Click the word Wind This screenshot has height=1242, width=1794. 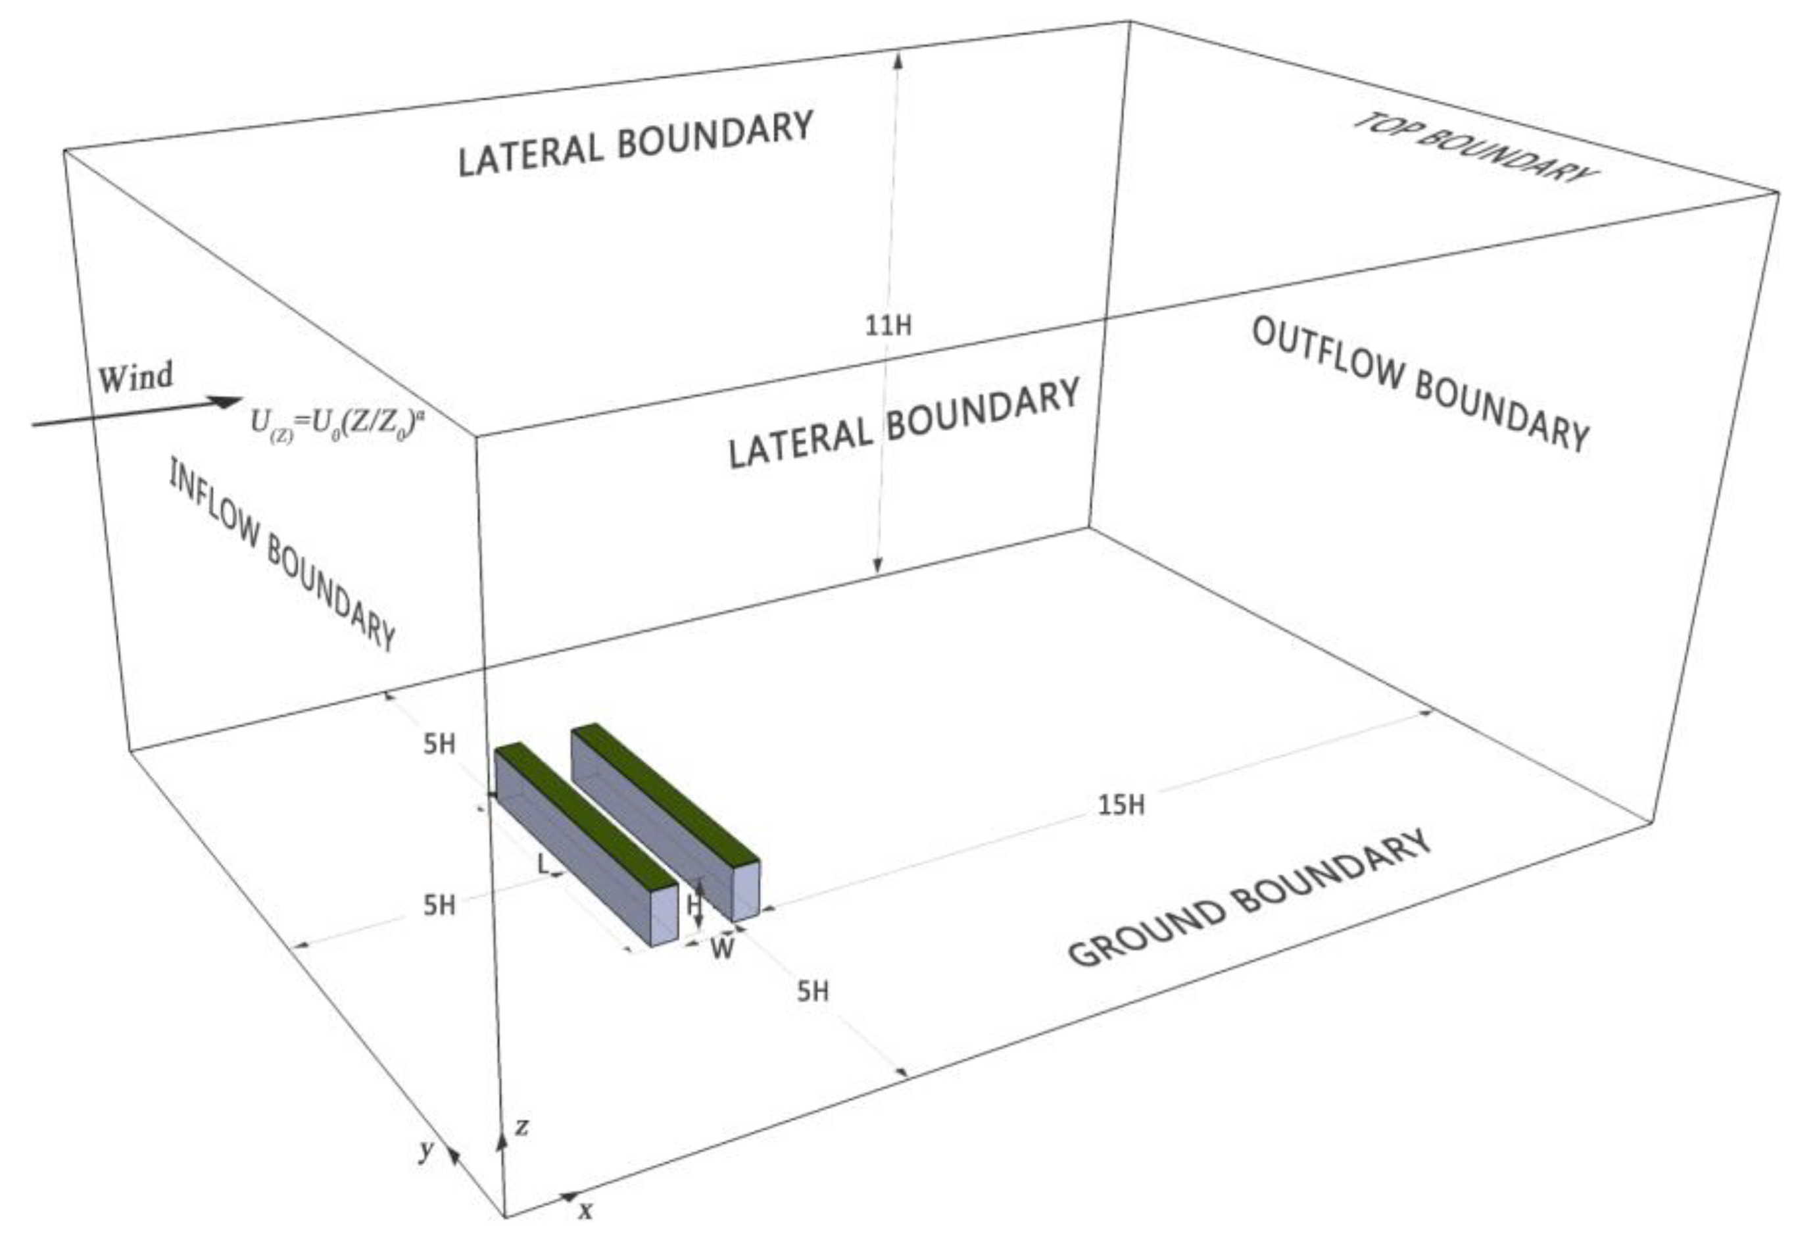pyautogui.click(x=135, y=378)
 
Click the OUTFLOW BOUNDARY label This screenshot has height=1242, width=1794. pyautogui.click(x=1419, y=385)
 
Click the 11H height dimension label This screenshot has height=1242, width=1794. pyautogui.click(x=888, y=325)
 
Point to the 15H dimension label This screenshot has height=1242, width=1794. pyautogui.click(x=1121, y=805)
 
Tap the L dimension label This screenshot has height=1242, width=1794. pyautogui.click(x=544, y=863)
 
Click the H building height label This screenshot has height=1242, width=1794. pyautogui.click(x=693, y=905)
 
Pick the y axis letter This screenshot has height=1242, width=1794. pyautogui.click(x=425, y=1149)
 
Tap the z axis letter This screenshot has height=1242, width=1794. pyautogui.click(x=522, y=1126)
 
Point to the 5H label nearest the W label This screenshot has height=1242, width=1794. pyautogui.click(x=812, y=991)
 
